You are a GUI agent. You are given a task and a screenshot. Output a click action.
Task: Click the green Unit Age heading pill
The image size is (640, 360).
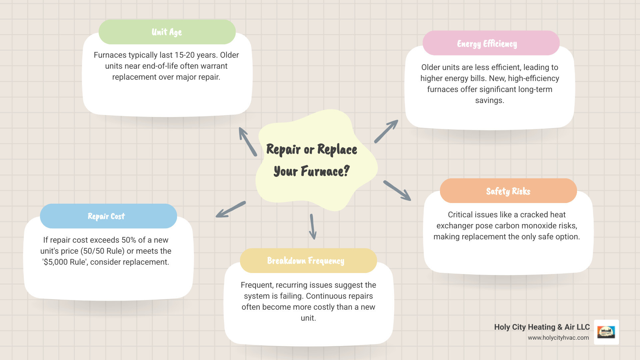(167, 32)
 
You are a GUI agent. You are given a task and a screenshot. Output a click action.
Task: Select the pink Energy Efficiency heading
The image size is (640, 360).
(491, 43)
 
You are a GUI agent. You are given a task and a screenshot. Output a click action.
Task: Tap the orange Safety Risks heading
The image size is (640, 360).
(508, 191)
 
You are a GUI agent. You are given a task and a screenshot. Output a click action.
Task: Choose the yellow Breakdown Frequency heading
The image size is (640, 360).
(308, 261)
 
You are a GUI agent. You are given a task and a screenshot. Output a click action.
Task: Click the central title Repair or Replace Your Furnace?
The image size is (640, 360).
(312, 160)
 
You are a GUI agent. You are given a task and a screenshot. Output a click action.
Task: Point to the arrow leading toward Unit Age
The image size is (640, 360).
(248, 142)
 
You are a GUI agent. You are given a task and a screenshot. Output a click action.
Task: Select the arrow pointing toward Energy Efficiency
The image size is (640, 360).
(386, 132)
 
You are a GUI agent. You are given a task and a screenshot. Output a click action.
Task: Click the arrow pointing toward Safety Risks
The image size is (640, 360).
(397, 191)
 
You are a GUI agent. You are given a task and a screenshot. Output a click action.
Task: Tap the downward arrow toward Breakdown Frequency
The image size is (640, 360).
(313, 227)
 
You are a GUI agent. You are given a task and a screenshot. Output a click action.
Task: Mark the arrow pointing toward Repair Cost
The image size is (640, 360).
(231, 210)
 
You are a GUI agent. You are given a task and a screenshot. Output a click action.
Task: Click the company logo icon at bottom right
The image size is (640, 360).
(606, 332)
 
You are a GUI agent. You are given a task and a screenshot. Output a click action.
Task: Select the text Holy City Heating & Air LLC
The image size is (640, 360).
(542, 327)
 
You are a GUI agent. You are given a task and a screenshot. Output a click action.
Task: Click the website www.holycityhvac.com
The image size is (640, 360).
(558, 338)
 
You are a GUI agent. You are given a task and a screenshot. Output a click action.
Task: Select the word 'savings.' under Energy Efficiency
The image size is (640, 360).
(489, 100)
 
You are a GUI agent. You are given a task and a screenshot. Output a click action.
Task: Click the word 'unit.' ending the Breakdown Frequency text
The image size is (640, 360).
(308, 318)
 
